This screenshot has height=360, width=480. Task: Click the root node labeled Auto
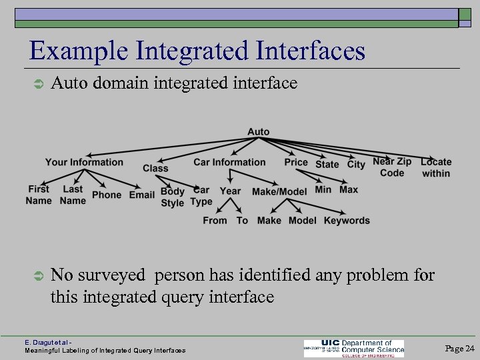tap(259, 132)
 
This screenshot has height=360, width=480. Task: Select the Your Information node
tap(84, 162)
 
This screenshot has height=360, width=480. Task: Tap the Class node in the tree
tap(155, 168)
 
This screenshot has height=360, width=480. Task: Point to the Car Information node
tap(229, 162)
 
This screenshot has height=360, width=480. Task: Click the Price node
tap(296, 162)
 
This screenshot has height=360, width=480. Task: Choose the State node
tap(327, 164)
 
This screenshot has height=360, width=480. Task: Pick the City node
tap(357, 164)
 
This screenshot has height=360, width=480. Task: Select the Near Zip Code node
tap(392, 167)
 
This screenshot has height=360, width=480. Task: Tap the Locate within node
tap(436, 167)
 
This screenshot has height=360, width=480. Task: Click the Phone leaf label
tap(107, 195)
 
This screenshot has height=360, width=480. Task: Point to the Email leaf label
tap(142, 195)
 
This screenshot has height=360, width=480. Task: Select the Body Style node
tap(173, 197)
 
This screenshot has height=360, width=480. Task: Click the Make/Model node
tap(279, 191)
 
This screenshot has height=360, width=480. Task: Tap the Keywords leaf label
tap(347, 221)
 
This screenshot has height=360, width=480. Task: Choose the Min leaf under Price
tap(323, 189)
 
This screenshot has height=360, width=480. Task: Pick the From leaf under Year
tap(215, 221)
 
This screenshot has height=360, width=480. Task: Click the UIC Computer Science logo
tap(354, 348)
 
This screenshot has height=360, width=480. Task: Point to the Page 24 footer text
tap(459, 349)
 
